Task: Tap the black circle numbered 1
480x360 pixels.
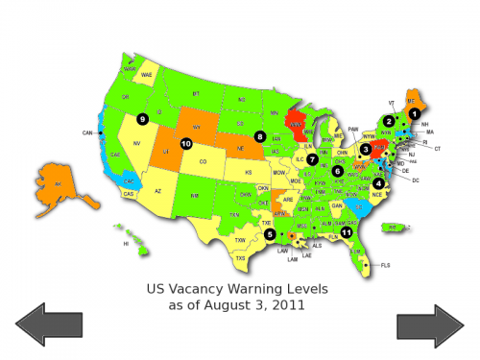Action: pos(415,113)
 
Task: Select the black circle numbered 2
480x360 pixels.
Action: pos(389,121)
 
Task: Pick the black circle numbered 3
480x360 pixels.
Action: pos(366,149)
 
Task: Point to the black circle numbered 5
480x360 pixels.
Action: pos(271,233)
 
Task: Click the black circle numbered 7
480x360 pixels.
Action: pos(312,158)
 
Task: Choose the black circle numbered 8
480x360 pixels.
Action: pos(259,136)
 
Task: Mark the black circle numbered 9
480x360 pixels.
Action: pos(142,119)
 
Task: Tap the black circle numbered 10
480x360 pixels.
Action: pos(185,144)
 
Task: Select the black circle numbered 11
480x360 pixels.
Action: pos(347,231)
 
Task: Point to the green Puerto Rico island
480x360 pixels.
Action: pos(391,228)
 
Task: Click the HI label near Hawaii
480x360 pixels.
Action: pos(126,244)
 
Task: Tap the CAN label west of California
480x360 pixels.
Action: pos(86,132)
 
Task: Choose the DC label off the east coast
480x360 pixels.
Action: pos(415,180)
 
